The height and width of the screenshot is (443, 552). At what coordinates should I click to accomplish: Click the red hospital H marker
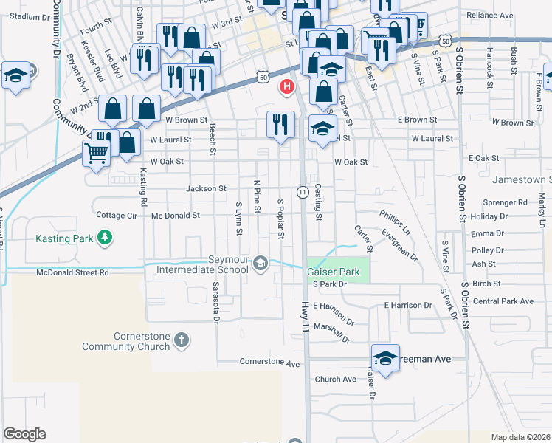286,87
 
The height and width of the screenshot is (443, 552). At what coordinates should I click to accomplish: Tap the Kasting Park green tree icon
106,237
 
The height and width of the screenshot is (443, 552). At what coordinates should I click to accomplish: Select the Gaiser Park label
334,272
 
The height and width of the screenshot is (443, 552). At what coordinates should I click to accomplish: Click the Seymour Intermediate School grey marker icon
260,263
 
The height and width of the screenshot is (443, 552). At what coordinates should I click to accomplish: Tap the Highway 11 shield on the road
303,192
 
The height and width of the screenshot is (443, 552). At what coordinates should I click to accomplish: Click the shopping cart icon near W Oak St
96,154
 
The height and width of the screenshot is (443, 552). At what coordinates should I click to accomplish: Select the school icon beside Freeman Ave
384,358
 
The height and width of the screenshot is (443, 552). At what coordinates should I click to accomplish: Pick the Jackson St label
206,188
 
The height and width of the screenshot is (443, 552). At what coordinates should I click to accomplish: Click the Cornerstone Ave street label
270,363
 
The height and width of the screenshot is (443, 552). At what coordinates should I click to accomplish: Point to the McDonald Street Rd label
72,272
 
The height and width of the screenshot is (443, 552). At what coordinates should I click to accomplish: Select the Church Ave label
335,380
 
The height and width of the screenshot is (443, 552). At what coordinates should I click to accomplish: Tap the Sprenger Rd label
504,202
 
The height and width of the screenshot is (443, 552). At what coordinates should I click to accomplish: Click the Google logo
24,434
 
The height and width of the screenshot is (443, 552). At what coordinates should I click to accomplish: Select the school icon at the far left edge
15,76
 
